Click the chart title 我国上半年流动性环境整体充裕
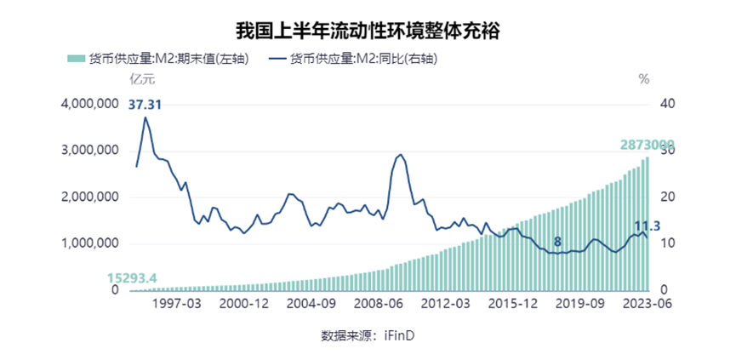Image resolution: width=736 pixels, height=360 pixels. pyautogui.click(x=368, y=31)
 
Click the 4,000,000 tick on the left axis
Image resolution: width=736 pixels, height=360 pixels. pyautogui.click(x=89, y=104)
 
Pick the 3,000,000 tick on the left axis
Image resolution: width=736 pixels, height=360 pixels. pyautogui.click(x=89, y=151)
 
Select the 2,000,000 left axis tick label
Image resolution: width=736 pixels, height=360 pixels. pyautogui.click(x=89, y=197)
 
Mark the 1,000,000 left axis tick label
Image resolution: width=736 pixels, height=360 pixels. pyautogui.click(x=89, y=243)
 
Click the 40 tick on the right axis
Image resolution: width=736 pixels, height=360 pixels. pyautogui.click(x=667, y=104)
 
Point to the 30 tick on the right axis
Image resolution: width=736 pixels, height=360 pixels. pyautogui.click(x=667, y=151)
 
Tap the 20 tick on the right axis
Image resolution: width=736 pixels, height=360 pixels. pyautogui.click(x=667, y=197)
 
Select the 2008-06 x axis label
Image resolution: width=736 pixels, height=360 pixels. pyautogui.click(x=377, y=306)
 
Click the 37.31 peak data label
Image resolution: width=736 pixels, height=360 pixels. pyautogui.click(x=145, y=105)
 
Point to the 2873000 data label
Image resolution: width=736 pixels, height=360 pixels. pyautogui.click(x=648, y=145)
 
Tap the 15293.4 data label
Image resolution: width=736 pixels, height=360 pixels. pyautogui.click(x=132, y=277)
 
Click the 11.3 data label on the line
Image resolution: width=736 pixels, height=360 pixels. pyautogui.click(x=648, y=226)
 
